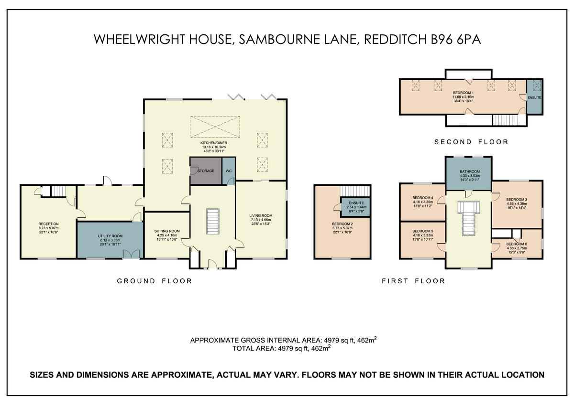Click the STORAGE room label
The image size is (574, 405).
coord(206,171)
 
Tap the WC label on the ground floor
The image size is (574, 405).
coord(229,171)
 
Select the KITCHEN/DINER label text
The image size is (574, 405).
coord(214,143)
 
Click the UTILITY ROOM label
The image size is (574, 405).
coord(110,236)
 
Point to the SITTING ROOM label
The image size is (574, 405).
coord(167,231)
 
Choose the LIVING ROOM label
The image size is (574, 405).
coord(261,215)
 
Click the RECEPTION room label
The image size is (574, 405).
coord(48,224)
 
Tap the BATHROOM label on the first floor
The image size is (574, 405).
coord(470,171)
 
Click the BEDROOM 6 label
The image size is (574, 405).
coord(517,244)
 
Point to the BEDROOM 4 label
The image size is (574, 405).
coord(423,198)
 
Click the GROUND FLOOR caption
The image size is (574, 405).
coord(154,281)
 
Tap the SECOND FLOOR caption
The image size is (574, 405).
coord(471,142)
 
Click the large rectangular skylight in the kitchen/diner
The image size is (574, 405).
coord(215,127)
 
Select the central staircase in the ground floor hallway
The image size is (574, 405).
coord(213,221)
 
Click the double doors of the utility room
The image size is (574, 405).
coord(131,254)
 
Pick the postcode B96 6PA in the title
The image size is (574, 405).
coord(456,39)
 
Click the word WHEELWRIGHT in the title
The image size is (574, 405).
coord(139,39)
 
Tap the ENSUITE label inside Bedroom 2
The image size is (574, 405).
coord(356,203)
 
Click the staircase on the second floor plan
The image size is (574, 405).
coord(505,120)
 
